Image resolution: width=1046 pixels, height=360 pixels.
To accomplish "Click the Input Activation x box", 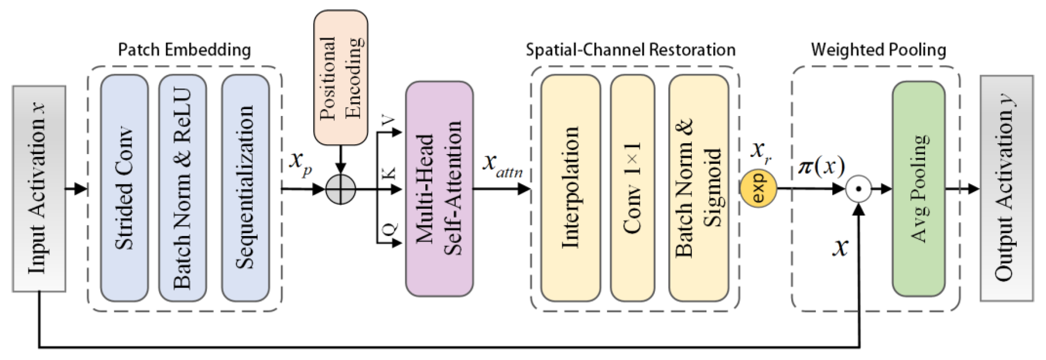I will (39, 188).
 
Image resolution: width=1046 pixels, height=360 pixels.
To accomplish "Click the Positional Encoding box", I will (341, 77).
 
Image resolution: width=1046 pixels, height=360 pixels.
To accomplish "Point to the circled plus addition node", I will (341, 189).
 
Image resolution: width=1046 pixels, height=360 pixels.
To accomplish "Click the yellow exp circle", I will (758, 189).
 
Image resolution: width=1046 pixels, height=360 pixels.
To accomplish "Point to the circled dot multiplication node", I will (859, 189).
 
